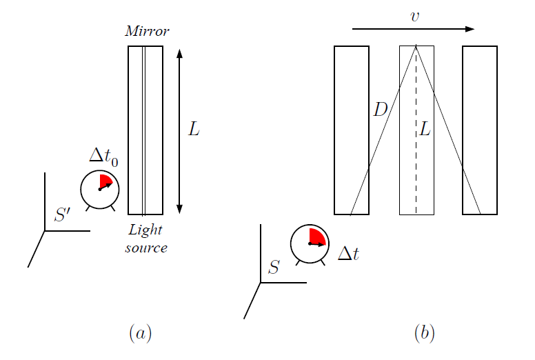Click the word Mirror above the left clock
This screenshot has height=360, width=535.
pyautogui.click(x=147, y=31)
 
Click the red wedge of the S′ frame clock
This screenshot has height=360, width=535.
pyautogui.click(x=105, y=182)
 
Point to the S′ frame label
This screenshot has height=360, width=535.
pyautogui.click(x=62, y=215)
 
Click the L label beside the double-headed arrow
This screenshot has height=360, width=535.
pyautogui.click(x=194, y=129)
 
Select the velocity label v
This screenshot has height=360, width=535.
pyautogui.click(x=414, y=16)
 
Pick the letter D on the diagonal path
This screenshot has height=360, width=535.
pyautogui.click(x=381, y=110)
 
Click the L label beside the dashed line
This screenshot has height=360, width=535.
pyautogui.click(x=425, y=128)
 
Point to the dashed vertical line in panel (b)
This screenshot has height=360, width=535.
pyautogui.click(x=416, y=166)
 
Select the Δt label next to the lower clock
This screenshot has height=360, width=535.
pyautogui.click(x=349, y=254)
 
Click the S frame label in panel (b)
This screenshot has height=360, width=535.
pyautogui.click(x=274, y=267)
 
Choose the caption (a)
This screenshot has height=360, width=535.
pyautogui.click(x=140, y=334)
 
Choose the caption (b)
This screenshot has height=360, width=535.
pyautogui.click(x=424, y=334)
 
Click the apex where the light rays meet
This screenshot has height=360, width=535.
pyautogui.click(x=416, y=46)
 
